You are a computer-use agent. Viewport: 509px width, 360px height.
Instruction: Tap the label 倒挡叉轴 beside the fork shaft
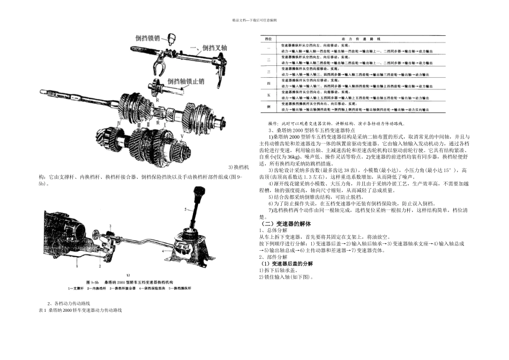tap(210, 48)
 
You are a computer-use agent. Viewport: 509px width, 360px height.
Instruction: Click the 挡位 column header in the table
tap(270, 39)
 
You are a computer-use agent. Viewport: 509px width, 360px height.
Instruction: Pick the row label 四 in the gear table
tap(270, 84)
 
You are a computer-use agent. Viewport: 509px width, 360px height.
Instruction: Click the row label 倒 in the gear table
tap(270, 107)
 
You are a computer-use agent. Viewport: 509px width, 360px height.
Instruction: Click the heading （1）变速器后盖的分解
tap(287, 264)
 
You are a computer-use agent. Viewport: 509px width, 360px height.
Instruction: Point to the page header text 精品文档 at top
tap(254, 20)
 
